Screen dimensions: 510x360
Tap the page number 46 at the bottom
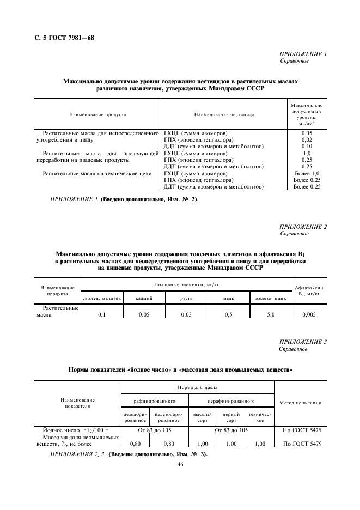180,464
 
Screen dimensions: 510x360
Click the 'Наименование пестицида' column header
224,115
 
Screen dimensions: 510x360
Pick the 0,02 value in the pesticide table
307,139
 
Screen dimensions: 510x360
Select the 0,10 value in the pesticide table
307,147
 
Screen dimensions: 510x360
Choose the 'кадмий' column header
144,299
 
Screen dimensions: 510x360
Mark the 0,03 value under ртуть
187,315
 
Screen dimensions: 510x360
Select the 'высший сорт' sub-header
202,417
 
